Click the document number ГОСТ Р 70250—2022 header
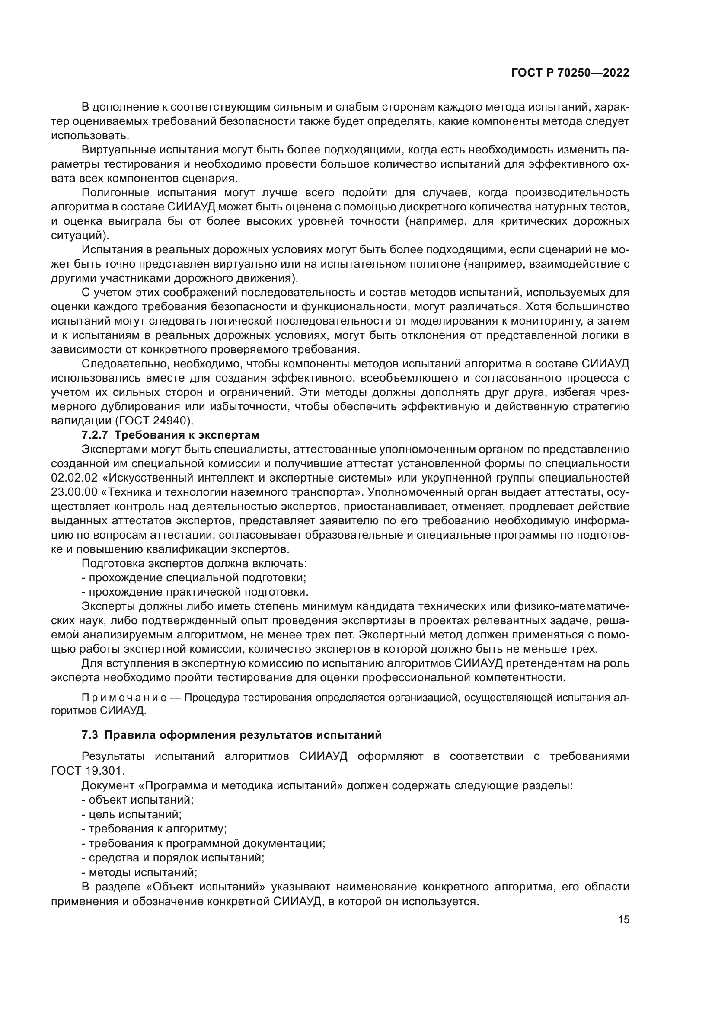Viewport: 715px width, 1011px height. tap(570, 73)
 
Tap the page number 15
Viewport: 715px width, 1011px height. tap(623, 920)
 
